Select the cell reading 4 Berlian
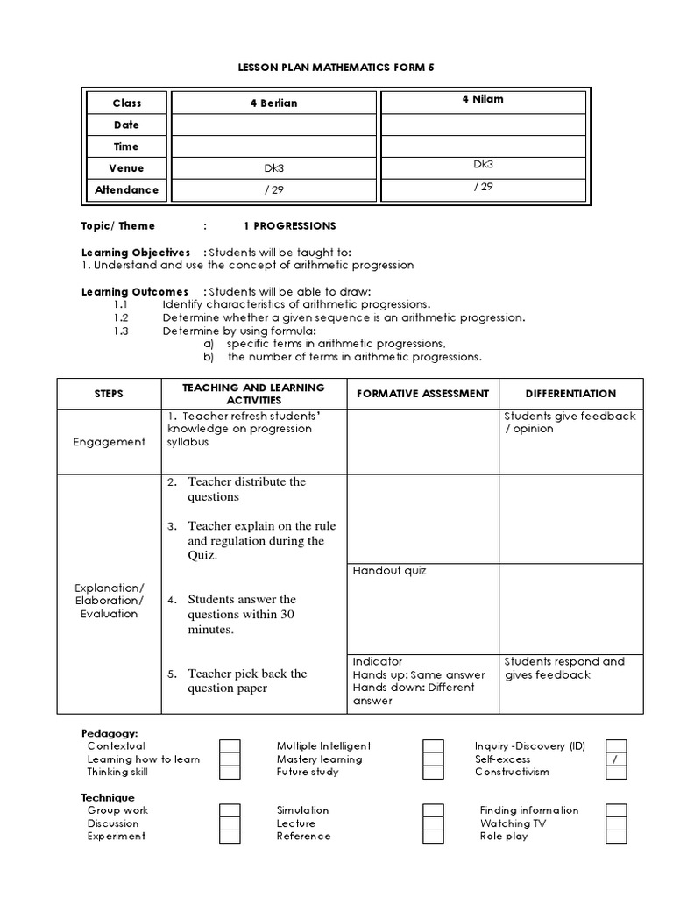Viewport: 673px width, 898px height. [273, 103]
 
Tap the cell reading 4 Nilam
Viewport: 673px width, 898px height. [483, 99]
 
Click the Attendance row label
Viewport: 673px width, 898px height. [127, 189]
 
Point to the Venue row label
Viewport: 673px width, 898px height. [127, 167]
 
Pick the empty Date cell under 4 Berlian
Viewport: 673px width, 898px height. [273, 125]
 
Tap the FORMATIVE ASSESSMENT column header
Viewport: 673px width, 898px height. [422, 394]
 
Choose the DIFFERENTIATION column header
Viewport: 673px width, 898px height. [570, 394]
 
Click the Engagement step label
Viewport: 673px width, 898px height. [110, 442]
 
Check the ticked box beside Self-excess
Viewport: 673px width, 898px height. [616, 759]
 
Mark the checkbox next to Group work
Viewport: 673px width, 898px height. [230, 811]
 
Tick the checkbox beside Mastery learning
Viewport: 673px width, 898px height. [433, 759]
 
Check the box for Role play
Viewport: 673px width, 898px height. [616, 837]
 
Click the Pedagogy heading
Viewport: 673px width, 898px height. [110, 733]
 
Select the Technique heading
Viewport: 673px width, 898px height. [108, 798]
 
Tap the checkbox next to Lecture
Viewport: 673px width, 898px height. [433, 824]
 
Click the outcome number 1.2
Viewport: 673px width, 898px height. [121, 317]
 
